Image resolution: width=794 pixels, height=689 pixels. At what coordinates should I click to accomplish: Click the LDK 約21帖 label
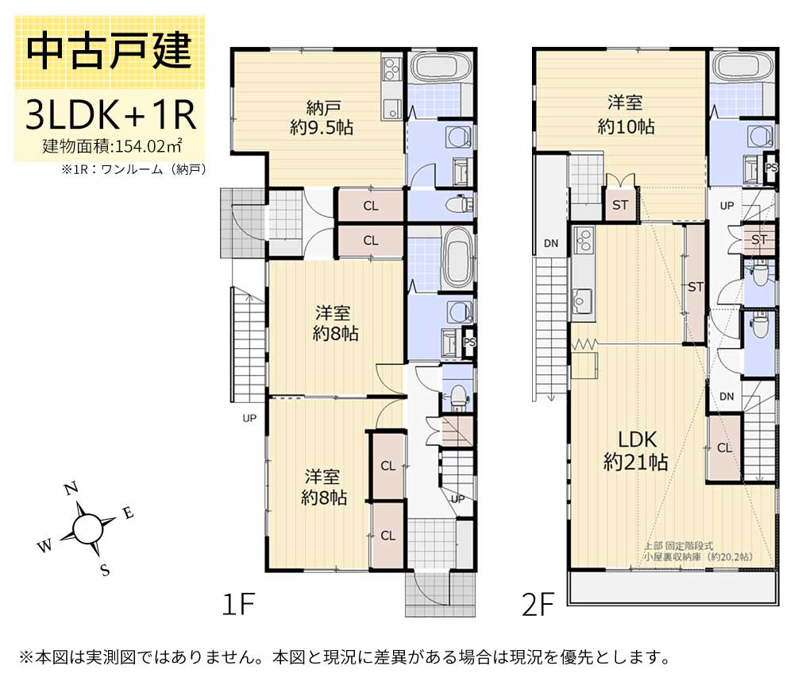tap(634, 451)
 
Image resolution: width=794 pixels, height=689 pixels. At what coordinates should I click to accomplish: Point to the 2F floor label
tap(537, 606)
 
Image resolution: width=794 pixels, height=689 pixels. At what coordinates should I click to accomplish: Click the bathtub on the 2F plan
tap(742, 67)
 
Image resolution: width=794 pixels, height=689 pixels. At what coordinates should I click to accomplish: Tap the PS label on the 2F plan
tap(770, 167)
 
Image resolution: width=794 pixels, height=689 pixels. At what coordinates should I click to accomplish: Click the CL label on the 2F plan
tap(724, 448)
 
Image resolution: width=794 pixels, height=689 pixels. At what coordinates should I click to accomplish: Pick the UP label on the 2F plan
tap(727, 205)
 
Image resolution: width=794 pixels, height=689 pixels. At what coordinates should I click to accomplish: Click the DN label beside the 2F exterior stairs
tap(550, 243)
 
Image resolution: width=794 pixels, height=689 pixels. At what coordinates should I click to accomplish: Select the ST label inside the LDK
tap(696, 287)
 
